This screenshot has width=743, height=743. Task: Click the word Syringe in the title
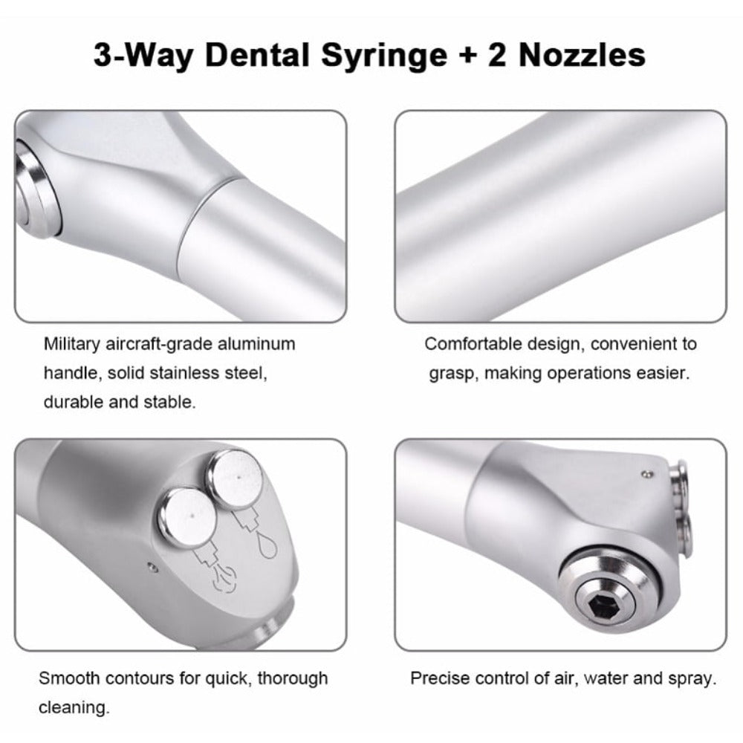pyautogui.click(x=384, y=56)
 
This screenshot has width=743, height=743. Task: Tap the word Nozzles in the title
pyautogui.click(x=582, y=55)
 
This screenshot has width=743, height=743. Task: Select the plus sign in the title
pyautogui.click(x=467, y=56)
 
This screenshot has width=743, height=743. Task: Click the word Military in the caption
pyautogui.click(x=71, y=344)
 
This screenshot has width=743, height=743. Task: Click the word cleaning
pyautogui.click(x=74, y=707)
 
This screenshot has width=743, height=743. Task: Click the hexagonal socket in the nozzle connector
pyautogui.click(x=605, y=603)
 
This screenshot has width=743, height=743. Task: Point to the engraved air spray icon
pyautogui.click(x=224, y=578)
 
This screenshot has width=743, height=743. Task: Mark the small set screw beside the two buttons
pyautogui.click(x=152, y=566)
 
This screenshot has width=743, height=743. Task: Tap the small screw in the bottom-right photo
pyautogui.click(x=646, y=473)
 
